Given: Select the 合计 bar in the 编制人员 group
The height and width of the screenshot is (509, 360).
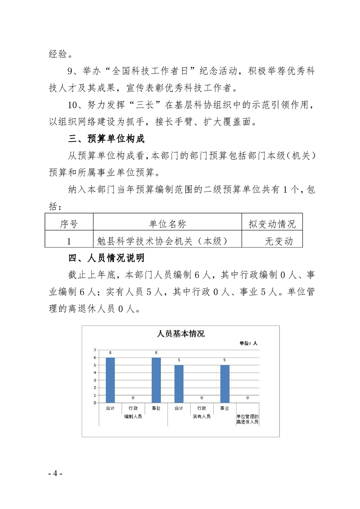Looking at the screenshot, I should tap(110, 380).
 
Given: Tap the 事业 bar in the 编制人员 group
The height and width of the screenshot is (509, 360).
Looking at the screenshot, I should tap(156, 380).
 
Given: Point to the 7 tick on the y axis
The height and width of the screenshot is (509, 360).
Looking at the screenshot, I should tap(95, 350).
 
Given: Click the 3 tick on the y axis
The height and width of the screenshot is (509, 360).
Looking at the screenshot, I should tap(95, 380).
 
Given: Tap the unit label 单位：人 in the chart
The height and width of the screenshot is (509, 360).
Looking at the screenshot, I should tap(248, 343).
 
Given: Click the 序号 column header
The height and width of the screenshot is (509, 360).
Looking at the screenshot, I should tap(69, 224).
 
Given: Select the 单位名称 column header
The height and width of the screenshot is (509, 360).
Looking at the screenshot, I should tap(167, 224).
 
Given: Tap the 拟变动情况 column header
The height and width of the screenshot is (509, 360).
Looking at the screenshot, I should tap(272, 224).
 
